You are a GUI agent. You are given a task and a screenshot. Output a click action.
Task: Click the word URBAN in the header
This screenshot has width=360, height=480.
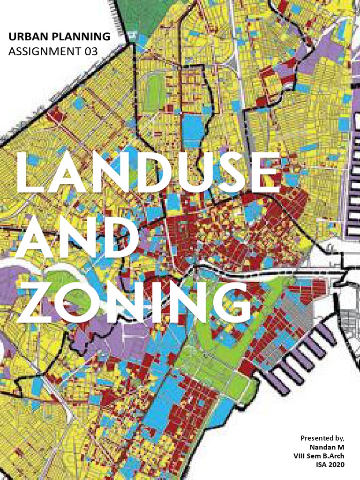(26, 36)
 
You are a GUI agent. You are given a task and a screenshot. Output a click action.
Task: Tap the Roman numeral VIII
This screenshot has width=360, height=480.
(302, 456)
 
